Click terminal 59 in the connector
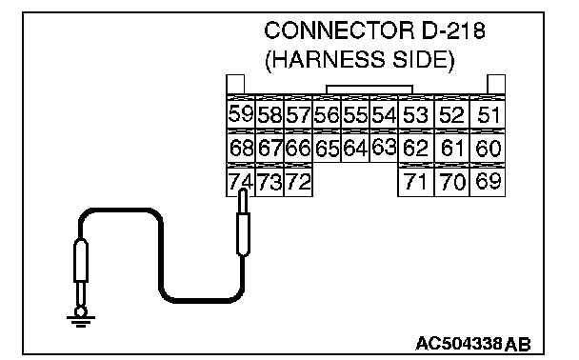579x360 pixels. (x=240, y=113)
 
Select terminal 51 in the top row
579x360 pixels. (x=488, y=114)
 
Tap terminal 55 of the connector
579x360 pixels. (x=355, y=114)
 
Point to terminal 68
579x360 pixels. (x=240, y=148)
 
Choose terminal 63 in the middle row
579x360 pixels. (x=384, y=147)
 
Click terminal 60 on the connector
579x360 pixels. (x=488, y=148)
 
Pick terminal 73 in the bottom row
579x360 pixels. (x=270, y=182)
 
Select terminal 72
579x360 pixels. (x=298, y=182)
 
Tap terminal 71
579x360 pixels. (x=416, y=182)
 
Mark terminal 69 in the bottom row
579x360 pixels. (x=488, y=182)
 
